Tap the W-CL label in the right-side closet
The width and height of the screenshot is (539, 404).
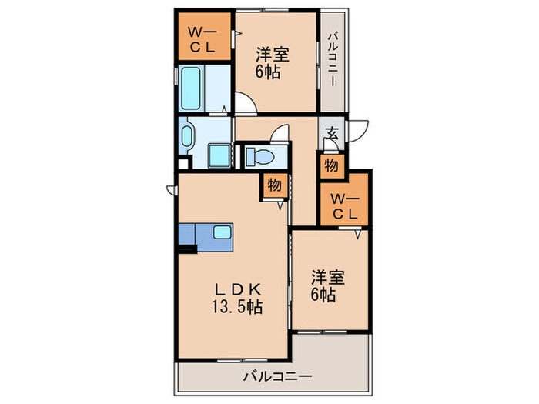344,205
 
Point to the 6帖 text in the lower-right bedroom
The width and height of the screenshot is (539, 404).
323,295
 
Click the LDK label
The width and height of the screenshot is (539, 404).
239,289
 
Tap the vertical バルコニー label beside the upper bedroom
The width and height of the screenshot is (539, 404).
334,60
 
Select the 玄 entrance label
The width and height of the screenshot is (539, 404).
333,133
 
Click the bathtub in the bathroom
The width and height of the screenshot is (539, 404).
192,91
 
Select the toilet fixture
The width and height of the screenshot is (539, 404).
259,158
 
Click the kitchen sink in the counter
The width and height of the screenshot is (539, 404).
223,233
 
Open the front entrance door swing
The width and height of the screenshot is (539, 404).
357,131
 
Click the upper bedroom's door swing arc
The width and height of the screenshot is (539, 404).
245,102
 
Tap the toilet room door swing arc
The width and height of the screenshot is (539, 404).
282,135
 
